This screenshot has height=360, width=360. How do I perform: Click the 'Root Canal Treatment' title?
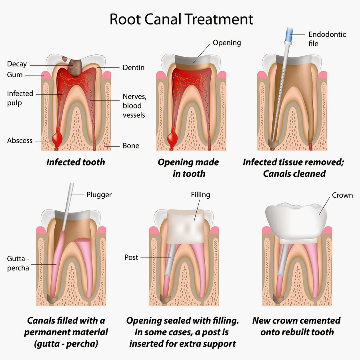pyautogui.click(x=181, y=19)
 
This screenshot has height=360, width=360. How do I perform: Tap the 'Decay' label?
pyautogui.click(x=17, y=64)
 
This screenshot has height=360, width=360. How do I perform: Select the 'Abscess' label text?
pyautogui.click(x=20, y=140)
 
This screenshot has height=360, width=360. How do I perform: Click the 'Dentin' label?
pyautogui.click(x=134, y=68)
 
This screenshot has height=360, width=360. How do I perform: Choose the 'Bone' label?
pyautogui.click(x=131, y=146)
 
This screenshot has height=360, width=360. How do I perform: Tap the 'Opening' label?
pyautogui.click(x=227, y=43)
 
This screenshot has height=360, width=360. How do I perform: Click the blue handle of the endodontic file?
pyautogui.click(x=289, y=35)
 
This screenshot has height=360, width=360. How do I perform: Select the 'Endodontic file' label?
pyautogui.click(x=327, y=39)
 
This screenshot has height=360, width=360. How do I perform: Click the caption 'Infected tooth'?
pyautogui.click(x=76, y=162)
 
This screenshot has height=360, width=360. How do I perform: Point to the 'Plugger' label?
pyautogui.click(x=99, y=195)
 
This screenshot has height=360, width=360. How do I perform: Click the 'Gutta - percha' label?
pyautogui.click(x=18, y=263)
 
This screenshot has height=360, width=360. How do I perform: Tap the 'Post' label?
pyautogui.click(x=131, y=257)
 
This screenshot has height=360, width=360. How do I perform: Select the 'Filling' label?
pyautogui.click(x=200, y=195)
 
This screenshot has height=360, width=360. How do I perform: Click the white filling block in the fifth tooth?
pyautogui.click(x=186, y=226)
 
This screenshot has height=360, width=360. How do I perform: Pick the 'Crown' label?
pyautogui.click(x=342, y=195)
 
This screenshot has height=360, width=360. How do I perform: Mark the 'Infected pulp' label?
pyautogui.click(x=20, y=98)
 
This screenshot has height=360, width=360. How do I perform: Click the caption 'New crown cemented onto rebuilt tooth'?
pyautogui.click(x=296, y=326)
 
